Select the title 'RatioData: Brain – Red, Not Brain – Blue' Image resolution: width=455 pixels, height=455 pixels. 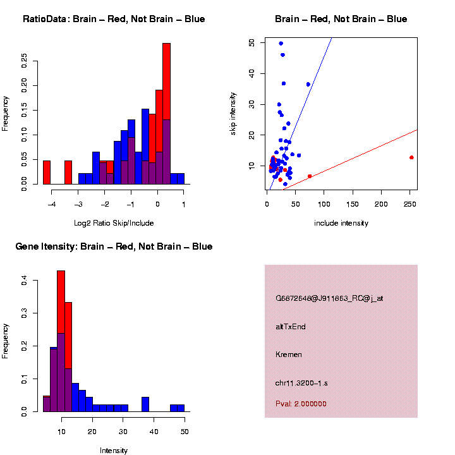(114, 20)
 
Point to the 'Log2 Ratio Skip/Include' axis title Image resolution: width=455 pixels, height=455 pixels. (114, 223)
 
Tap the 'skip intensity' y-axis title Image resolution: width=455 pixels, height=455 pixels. (234, 115)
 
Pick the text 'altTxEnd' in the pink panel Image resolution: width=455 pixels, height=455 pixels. (291, 327)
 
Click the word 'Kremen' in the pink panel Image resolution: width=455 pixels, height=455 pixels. (289, 355)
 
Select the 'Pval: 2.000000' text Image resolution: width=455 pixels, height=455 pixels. (301, 404)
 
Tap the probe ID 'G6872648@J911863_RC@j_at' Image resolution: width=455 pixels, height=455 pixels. (329, 298)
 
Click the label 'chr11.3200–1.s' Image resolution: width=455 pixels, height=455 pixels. (301, 383)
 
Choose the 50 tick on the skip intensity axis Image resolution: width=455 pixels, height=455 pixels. (252, 42)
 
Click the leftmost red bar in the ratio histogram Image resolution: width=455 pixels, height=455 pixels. (47, 172)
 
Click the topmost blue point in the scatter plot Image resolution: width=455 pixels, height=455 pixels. (281, 44)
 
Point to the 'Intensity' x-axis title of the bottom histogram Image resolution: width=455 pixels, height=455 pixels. (114, 451)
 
